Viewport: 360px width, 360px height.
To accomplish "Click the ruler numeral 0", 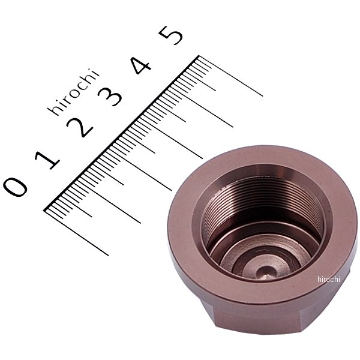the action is pos(15,187).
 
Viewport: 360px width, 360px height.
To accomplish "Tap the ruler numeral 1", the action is pos(47,160).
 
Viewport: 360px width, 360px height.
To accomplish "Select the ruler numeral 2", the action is pos(80,128).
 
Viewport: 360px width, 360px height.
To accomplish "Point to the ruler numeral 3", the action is pos(110,97).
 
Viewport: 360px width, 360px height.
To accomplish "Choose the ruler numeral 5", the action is pos(171,35).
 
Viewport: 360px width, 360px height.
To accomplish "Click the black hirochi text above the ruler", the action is pos(73,92).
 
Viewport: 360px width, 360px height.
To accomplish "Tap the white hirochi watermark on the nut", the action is pos(329,279).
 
